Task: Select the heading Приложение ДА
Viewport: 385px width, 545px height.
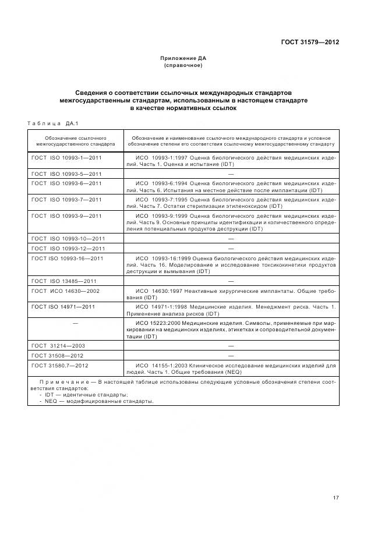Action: click(x=183, y=58)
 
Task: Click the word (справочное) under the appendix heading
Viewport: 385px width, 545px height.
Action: click(x=183, y=65)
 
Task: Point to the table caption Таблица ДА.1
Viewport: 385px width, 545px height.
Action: click(x=53, y=123)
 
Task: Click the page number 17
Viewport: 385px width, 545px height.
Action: click(x=336, y=498)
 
